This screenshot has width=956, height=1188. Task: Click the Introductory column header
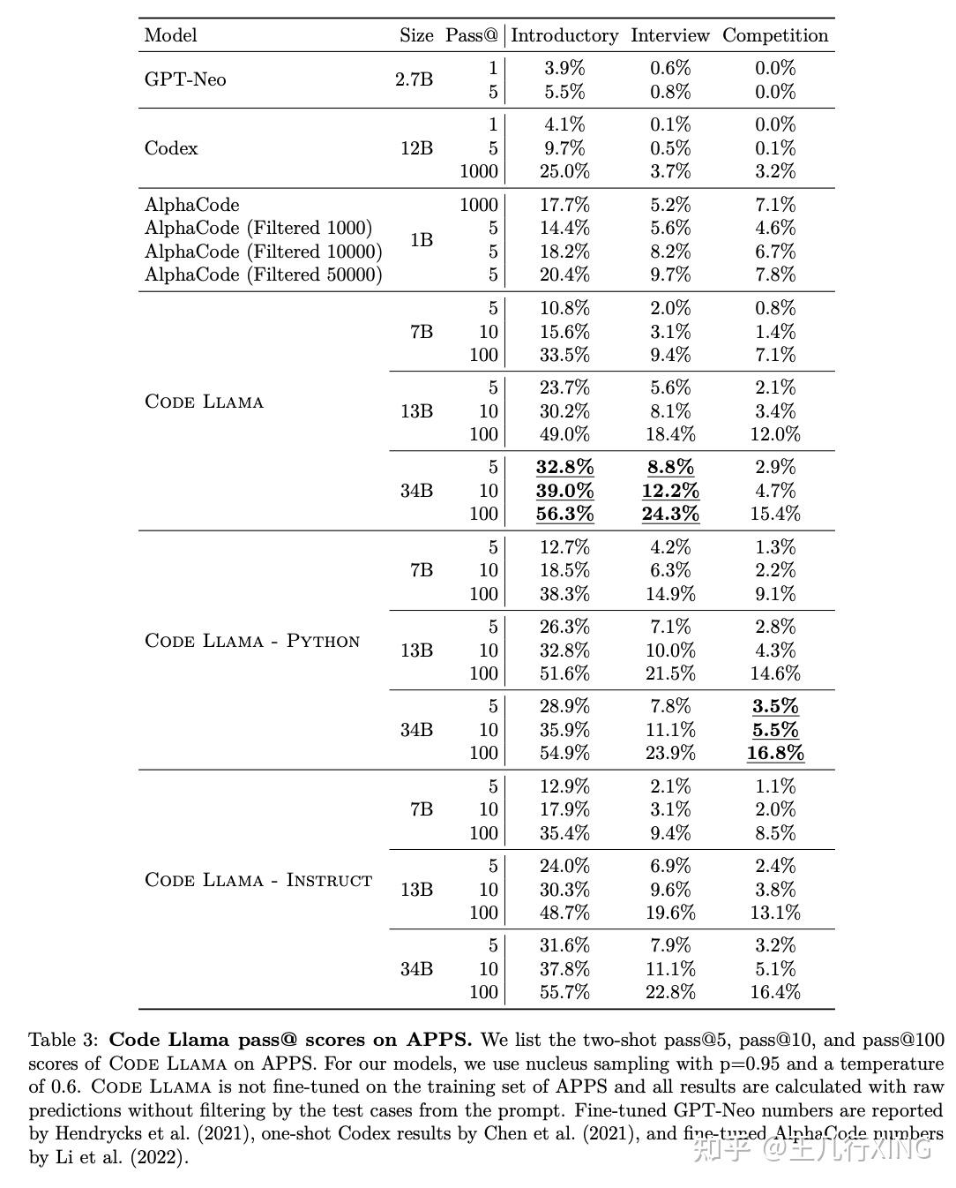(x=564, y=35)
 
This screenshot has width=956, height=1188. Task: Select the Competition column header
(x=775, y=35)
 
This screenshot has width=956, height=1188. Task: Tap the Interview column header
(x=669, y=35)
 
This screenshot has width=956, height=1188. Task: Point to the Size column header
(x=416, y=35)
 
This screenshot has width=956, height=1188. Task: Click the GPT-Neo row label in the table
(x=185, y=79)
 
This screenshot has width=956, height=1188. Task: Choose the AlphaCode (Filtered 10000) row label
(x=263, y=252)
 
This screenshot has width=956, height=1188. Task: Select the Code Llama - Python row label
(x=252, y=641)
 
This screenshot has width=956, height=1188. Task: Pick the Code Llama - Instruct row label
(x=258, y=880)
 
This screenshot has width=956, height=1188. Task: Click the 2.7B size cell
(x=415, y=79)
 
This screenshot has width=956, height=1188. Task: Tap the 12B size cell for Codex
(x=416, y=148)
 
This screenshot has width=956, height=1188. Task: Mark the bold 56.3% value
(x=564, y=514)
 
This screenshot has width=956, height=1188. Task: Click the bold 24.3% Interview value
(x=670, y=514)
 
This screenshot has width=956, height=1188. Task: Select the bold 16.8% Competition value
(x=775, y=753)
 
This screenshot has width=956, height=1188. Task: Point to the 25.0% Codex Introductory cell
(x=564, y=171)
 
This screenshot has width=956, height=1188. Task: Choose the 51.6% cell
(x=564, y=673)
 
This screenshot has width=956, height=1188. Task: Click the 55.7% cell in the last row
(x=564, y=992)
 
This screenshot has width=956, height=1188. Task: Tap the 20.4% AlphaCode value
(x=564, y=274)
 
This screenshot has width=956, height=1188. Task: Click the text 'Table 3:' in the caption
(x=64, y=1039)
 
